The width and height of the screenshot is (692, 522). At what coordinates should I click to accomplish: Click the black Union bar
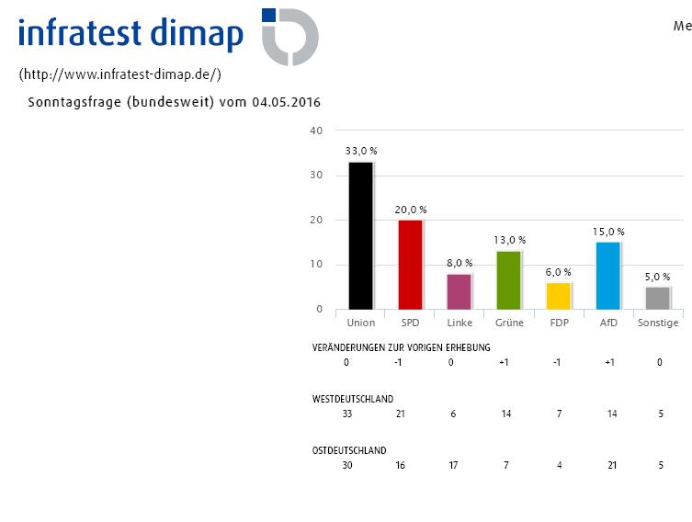(360, 236)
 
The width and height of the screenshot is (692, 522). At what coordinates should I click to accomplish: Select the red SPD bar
(410, 265)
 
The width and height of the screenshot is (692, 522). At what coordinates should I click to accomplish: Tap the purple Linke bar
(459, 291)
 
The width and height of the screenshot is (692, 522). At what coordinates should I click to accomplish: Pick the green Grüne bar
(509, 280)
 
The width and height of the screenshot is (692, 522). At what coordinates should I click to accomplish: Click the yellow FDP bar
(558, 296)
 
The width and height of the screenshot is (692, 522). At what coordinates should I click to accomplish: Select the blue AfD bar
(607, 276)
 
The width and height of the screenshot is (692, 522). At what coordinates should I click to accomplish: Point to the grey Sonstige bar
(658, 298)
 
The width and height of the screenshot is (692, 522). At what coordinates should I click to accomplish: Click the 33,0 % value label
(361, 151)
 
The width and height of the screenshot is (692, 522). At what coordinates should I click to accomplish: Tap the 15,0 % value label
(608, 232)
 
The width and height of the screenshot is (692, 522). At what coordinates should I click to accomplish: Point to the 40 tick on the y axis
(317, 130)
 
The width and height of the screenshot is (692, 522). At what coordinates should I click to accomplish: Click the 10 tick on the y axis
(317, 265)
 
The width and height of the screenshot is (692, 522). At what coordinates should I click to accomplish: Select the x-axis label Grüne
(509, 323)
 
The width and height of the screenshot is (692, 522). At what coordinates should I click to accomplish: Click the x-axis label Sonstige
(658, 323)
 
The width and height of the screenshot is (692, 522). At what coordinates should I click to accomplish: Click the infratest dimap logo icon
(289, 37)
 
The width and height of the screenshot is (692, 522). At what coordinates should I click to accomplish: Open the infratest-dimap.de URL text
(119, 74)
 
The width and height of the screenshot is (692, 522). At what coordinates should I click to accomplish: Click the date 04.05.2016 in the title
(286, 102)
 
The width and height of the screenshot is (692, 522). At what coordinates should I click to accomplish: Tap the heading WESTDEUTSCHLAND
(353, 399)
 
